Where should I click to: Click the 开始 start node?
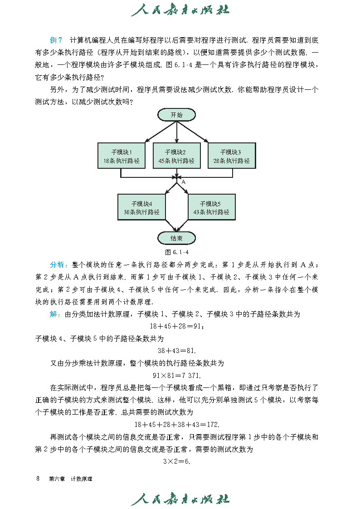176,115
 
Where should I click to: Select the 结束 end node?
176,238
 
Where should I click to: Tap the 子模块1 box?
121,156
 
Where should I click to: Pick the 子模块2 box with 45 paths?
176,156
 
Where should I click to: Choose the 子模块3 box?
231,156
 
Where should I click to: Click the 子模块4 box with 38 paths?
141,207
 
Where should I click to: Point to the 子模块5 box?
211,207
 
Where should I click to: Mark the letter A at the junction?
184,181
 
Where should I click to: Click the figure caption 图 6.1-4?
177,252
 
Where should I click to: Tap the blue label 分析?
58,265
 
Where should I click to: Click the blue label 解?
54,314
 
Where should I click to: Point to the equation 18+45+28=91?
177,326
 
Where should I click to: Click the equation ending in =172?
177,425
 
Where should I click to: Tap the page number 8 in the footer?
38,479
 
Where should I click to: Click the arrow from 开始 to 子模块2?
176,132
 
